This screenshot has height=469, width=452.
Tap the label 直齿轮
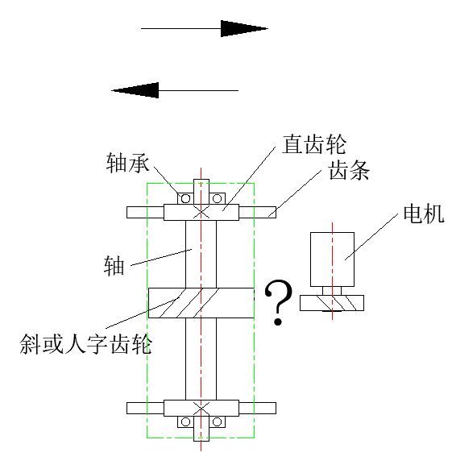pos(314,145)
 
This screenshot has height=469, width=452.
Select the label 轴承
pos(128,163)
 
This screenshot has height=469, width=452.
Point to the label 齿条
pos(349,170)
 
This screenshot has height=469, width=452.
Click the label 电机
pos(424,214)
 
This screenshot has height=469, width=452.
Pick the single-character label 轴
pos(114,266)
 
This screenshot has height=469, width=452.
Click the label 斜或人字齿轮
pos(85,345)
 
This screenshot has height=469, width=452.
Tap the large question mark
pos(278,302)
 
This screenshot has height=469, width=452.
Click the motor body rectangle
pos(332,259)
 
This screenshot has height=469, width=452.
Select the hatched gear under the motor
pos(332,303)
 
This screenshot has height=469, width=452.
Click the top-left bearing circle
pos(185,198)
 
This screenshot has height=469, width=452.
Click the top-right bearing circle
pos(217,198)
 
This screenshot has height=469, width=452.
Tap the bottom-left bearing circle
pos(185,422)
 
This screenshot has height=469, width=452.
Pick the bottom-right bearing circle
pos(217,422)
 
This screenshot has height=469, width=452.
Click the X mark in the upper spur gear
pos(201,212)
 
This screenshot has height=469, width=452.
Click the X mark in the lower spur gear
pos(201,409)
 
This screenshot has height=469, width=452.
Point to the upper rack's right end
pos(276,213)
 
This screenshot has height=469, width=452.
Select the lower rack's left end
pos(127,409)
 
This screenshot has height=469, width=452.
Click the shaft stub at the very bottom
pos(201,434)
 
